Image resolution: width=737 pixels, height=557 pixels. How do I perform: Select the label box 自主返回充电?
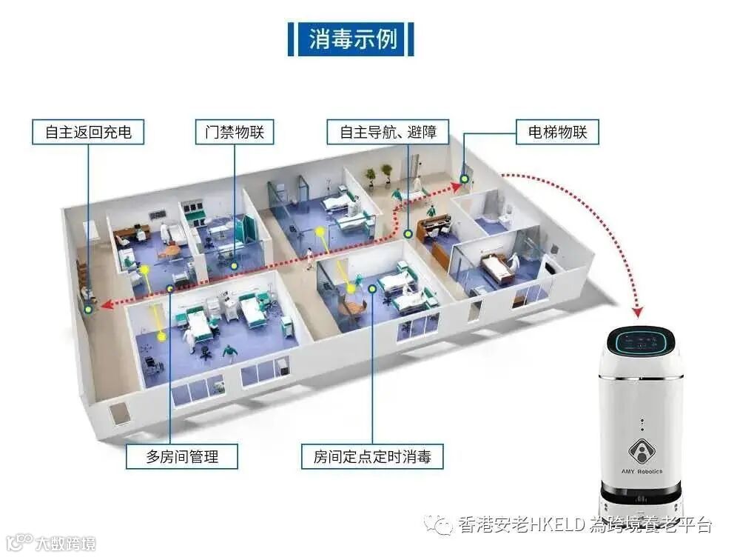88,133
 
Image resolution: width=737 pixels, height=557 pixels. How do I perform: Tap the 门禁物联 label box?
234,133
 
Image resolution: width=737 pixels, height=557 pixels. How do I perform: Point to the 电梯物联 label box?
556,133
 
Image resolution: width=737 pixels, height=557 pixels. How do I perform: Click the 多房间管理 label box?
182,456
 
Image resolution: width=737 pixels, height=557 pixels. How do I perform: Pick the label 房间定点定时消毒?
372,456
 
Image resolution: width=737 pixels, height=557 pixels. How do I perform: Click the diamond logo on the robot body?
641,450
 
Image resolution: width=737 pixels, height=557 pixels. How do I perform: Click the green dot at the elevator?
465,178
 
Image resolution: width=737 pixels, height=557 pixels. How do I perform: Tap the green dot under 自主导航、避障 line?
408,233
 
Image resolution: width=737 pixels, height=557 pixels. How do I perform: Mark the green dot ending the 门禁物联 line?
234,264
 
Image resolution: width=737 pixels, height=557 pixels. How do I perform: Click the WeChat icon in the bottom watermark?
442,525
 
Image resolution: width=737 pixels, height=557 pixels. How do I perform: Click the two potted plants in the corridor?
378,175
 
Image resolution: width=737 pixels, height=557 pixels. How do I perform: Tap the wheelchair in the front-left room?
152,365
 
